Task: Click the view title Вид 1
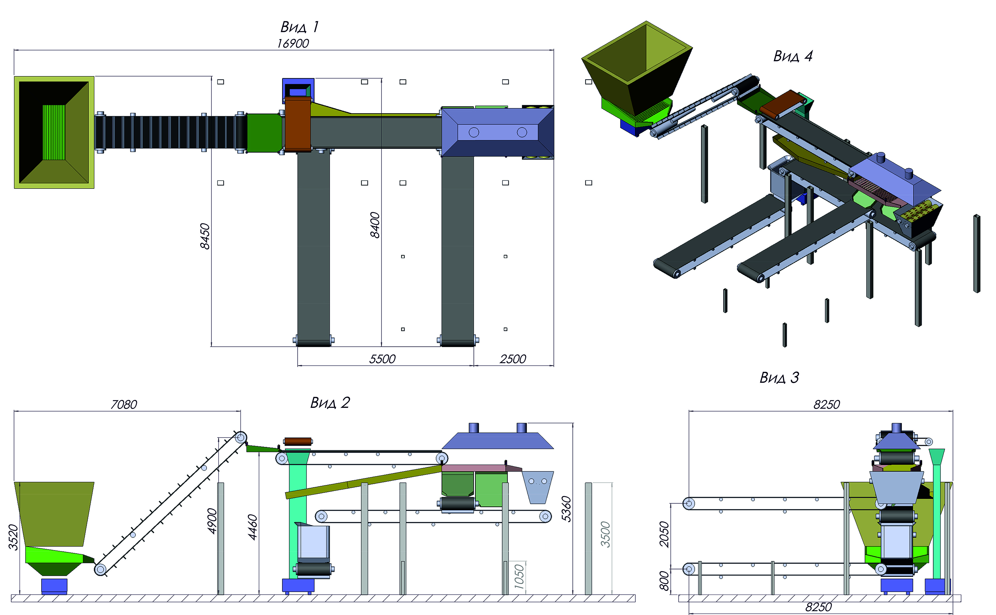[x=300, y=27]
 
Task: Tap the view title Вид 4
[x=793, y=56]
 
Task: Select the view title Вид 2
[x=330, y=403]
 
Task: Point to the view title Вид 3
[x=779, y=378]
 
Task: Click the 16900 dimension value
[x=293, y=43]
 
